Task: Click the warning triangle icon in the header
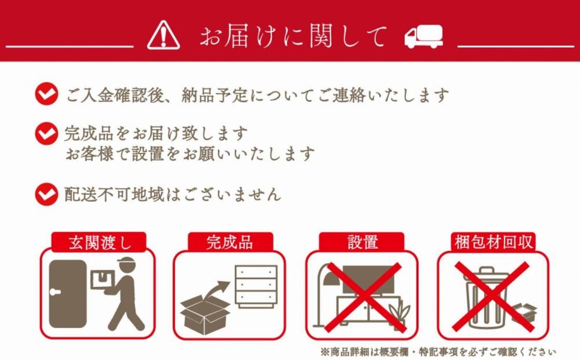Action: coord(164,35)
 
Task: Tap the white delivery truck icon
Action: coord(423,37)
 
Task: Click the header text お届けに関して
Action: coord(293,37)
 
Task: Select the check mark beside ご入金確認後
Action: coord(46,94)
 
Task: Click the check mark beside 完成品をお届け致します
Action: coord(46,134)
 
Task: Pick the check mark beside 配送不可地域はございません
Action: coord(46,194)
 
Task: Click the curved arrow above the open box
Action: coord(218,288)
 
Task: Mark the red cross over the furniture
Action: coord(362,296)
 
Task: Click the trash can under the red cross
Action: coord(486,297)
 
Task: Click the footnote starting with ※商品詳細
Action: coord(437,352)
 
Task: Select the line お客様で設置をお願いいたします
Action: coord(190,154)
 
